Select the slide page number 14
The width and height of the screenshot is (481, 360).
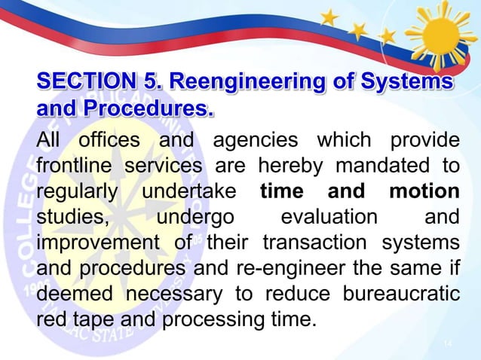pos(447,344)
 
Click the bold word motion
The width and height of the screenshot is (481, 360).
pos(424,191)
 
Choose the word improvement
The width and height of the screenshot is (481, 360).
pos(96,243)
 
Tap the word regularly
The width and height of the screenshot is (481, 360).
pos(78,191)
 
